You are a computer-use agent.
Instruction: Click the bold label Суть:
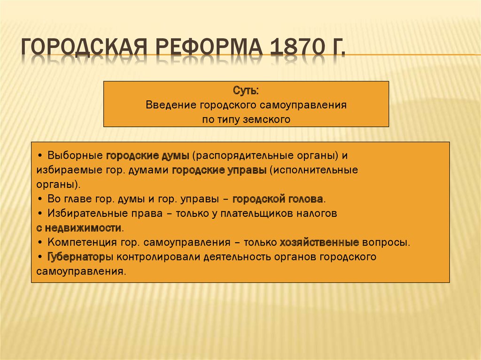point(246,91)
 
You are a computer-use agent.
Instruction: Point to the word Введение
point(171,105)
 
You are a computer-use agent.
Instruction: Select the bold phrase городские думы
point(147,156)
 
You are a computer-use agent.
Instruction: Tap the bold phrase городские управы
point(219,170)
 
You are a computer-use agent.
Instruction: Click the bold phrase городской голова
point(278,199)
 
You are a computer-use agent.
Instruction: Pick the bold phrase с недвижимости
point(79,228)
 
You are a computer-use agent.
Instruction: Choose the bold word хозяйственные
point(319,243)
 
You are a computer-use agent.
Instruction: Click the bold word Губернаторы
point(80,257)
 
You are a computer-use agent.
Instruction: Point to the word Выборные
point(75,155)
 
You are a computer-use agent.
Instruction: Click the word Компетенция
point(82,243)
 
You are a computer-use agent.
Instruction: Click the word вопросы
point(386,243)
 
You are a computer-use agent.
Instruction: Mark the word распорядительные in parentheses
point(244,156)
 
